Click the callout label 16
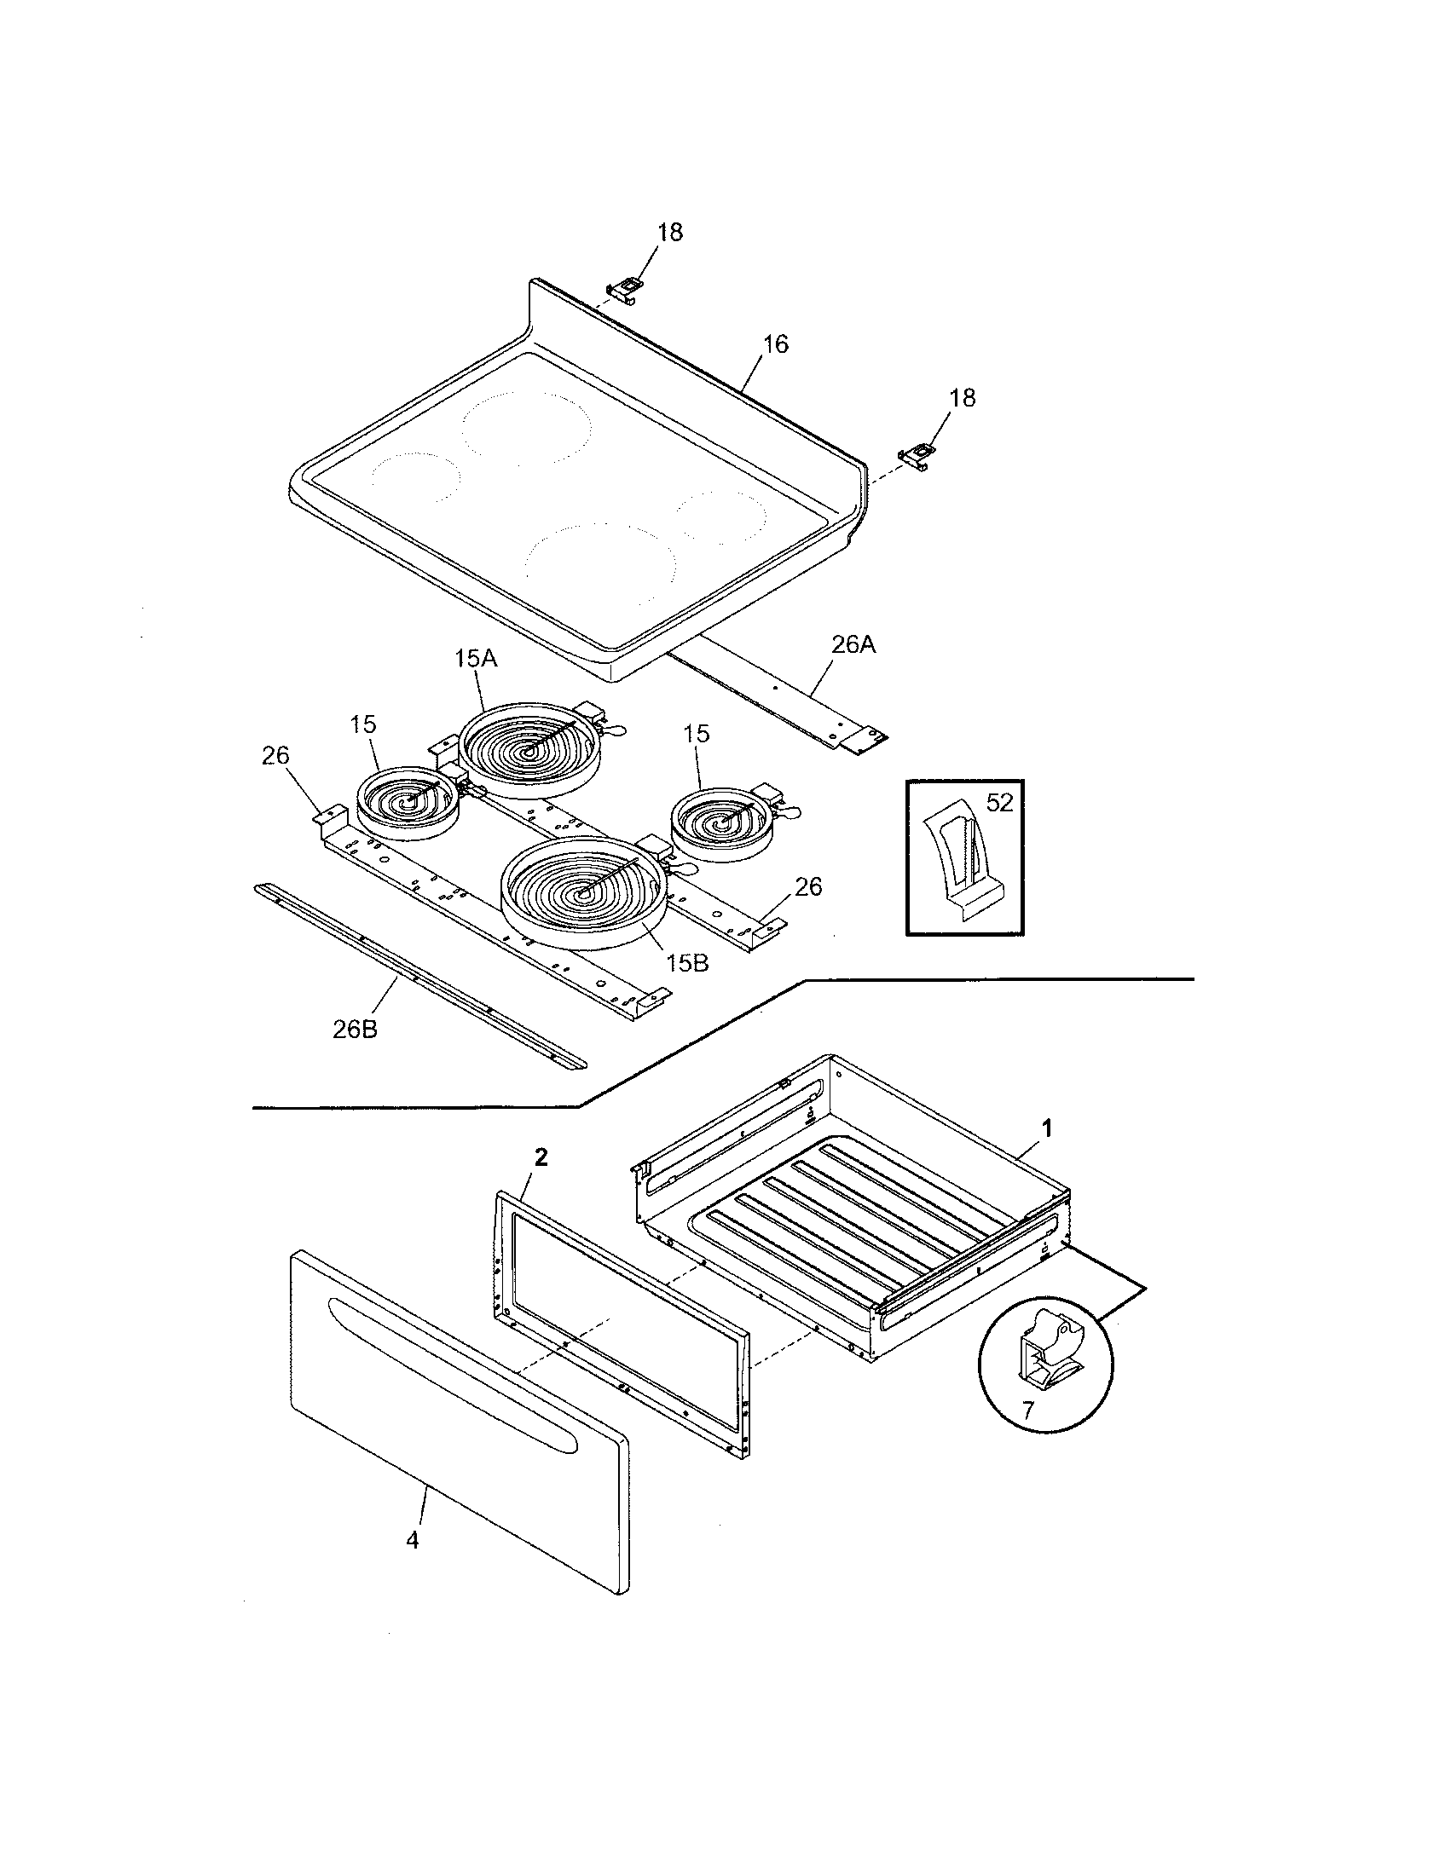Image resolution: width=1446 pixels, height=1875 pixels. click(x=774, y=344)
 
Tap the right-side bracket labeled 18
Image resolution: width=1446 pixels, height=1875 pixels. click(x=917, y=455)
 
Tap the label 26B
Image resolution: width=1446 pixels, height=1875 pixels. click(x=355, y=1030)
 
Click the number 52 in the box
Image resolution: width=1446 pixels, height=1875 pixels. click(x=1000, y=803)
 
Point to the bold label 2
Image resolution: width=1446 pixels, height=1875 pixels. click(x=540, y=1157)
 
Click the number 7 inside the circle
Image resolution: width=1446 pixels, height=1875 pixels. click(x=1028, y=1409)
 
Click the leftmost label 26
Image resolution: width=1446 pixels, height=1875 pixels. click(x=275, y=755)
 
